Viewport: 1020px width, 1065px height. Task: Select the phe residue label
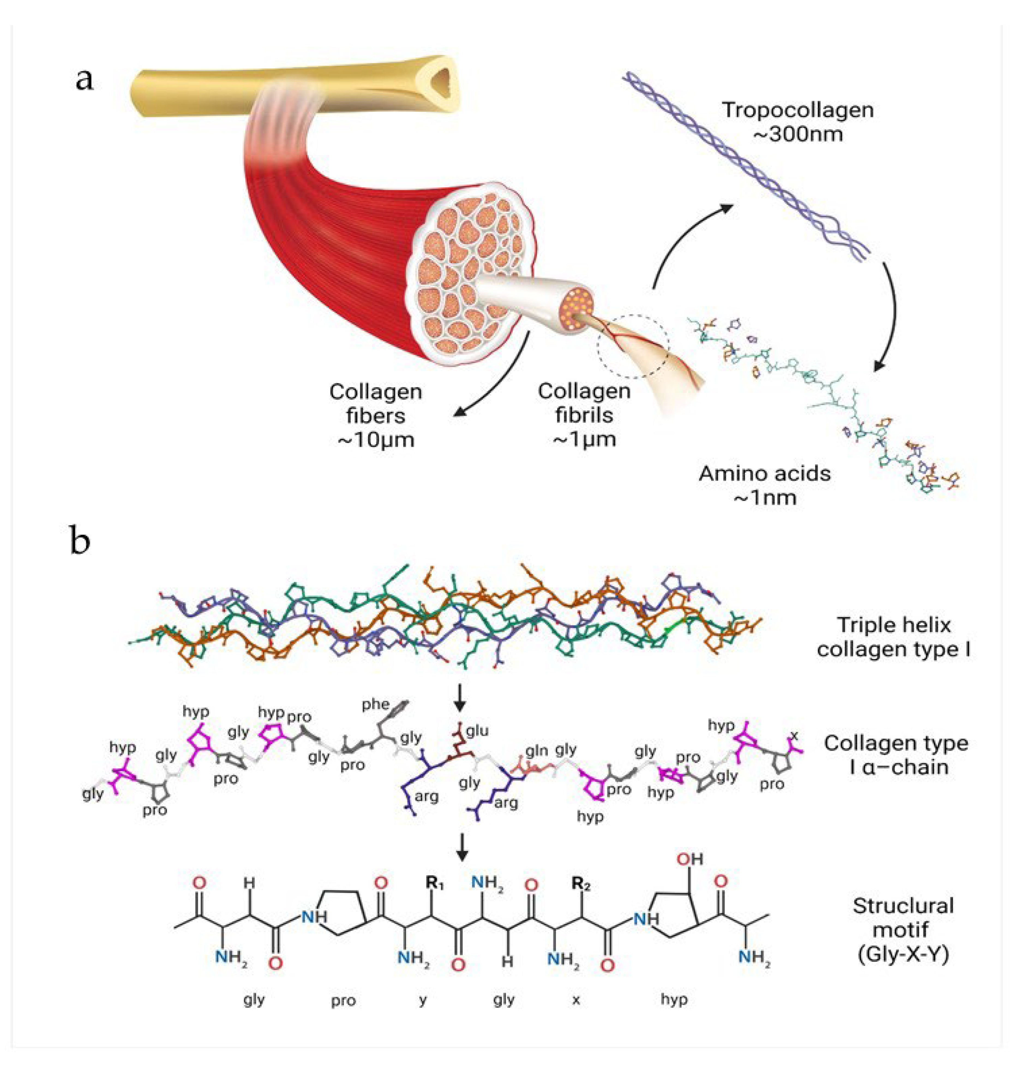[375, 704]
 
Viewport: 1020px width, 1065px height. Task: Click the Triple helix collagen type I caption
[893, 637]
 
